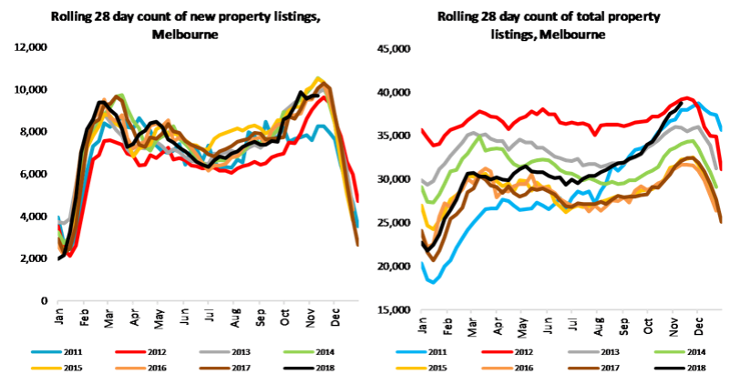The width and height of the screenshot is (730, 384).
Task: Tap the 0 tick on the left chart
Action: pyautogui.click(x=42, y=300)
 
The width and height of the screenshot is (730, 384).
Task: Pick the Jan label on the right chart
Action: pyautogui.click(x=423, y=325)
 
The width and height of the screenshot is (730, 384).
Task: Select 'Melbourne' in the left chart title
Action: pyautogui.click(x=186, y=35)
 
